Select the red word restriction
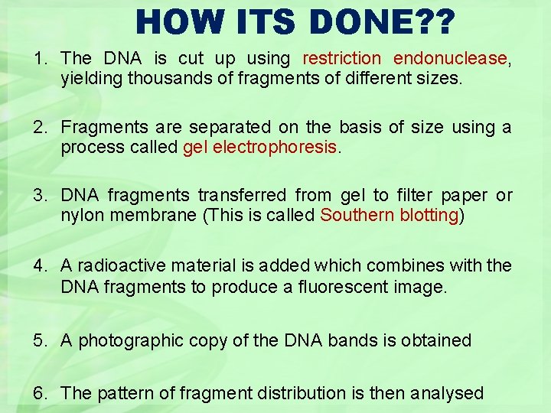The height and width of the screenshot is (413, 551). click(x=341, y=58)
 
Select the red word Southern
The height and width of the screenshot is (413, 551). click(x=357, y=215)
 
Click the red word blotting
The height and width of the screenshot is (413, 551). click(x=429, y=215)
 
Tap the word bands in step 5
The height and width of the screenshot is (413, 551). click(x=352, y=340)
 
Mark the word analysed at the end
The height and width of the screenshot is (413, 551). click(x=447, y=393)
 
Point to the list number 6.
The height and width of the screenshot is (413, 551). click(x=38, y=393)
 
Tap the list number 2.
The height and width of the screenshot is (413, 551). click(x=38, y=127)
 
